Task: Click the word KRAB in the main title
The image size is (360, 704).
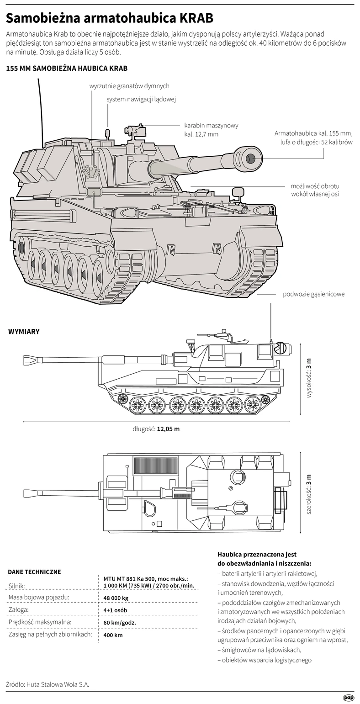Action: pyautogui.click(x=196, y=19)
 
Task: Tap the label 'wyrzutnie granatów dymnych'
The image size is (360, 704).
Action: pyautogui.click(x=129, y=86)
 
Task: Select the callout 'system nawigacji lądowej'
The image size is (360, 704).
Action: pyautogui.click(x=141, y=99)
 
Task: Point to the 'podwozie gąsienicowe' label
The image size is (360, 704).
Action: pyautogui.click(x=313, y=294)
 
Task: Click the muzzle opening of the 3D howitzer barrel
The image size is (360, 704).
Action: pyautogui.click(x=252, y=159)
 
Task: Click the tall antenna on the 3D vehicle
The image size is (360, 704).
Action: pyautogui.click(x=40, y=111)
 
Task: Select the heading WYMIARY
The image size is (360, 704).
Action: pyautogui.click(x=24, y=332)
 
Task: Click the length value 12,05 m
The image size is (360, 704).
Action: pyautogui.click(x=169, y=429)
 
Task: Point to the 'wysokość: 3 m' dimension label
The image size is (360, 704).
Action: pyautogui.click(x=309, y=378)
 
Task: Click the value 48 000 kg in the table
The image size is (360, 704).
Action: pyautogui.click(x=116, y=598)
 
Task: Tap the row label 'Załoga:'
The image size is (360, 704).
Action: pyautogui.click(x=19, y=610)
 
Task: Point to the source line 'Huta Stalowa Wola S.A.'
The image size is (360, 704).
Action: pyautogui.click(x=58, y=683)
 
